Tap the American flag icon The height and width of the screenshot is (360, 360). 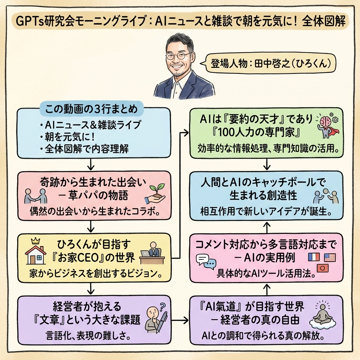(330, 257)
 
